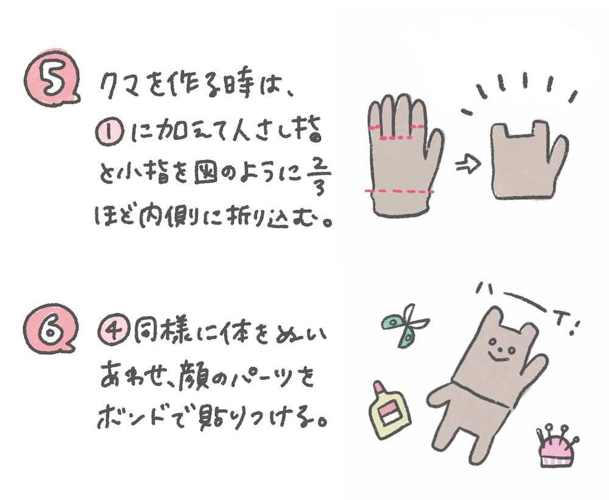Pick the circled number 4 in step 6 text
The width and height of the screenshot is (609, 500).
coord(113,332)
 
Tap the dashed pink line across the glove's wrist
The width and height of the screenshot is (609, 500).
coord(400,191)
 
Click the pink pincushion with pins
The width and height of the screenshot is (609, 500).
coord(556,447)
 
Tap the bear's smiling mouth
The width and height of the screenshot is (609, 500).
coord(498,356)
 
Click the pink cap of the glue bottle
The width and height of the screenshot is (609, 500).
coord(379,388)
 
